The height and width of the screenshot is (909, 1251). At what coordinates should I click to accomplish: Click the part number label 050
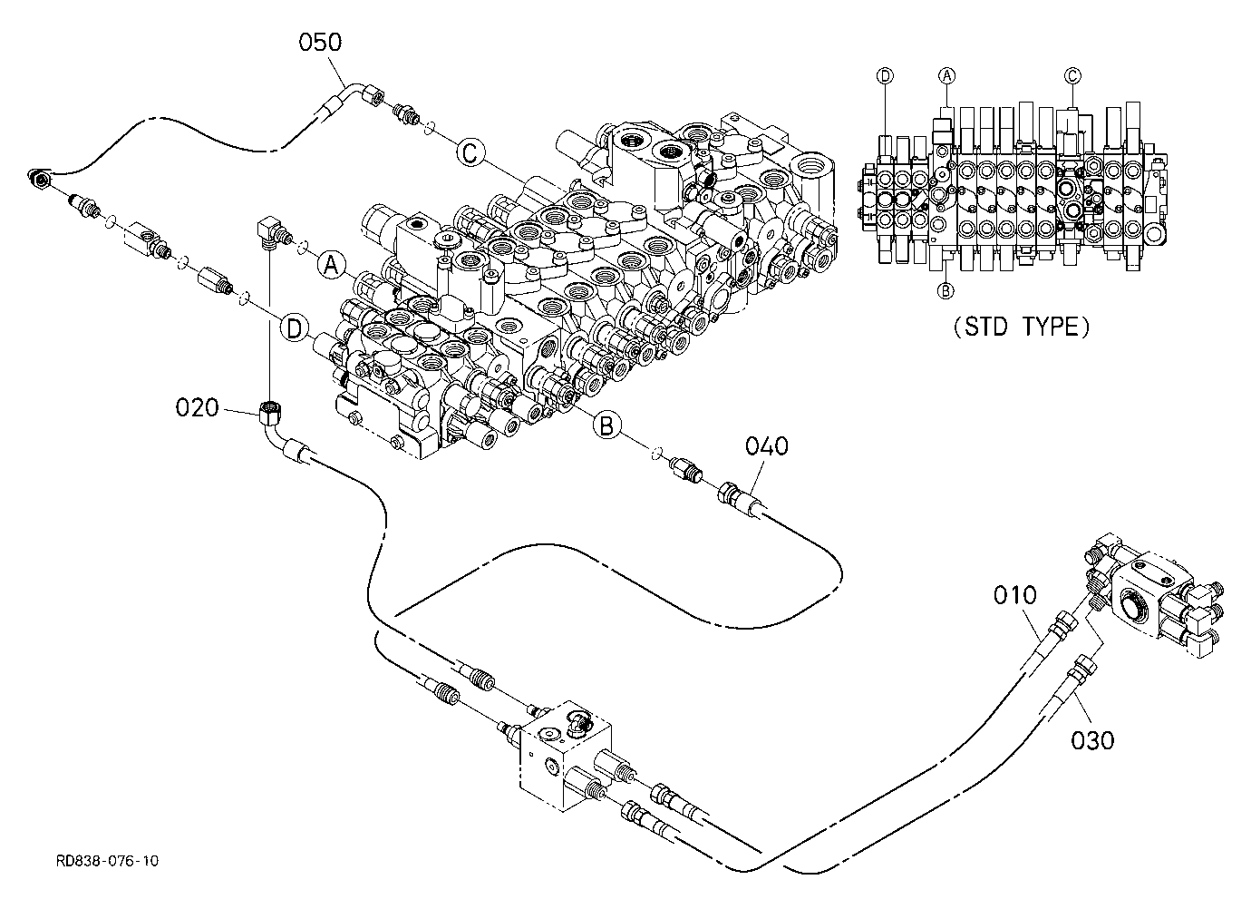(320, 43)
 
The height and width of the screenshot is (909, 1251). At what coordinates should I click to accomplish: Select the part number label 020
(197, 407)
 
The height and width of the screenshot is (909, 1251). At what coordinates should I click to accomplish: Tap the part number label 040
(767, 446)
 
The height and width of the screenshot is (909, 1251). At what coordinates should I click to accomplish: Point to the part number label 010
(1014, 595)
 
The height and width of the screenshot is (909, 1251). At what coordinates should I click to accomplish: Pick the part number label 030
(1092, 740)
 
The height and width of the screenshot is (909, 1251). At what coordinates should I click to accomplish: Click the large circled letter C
(470, 152)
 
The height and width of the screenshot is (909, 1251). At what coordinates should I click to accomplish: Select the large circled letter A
(332, 265)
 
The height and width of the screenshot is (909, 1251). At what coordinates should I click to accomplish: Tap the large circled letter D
(295, 328)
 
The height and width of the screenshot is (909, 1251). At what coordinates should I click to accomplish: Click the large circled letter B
(606, 425)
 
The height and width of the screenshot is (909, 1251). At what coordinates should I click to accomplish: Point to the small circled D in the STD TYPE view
(885, 76)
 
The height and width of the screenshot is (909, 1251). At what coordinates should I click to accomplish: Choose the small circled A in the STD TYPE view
(946, 75)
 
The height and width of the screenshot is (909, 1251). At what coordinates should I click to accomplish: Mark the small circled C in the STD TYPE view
(1072, 75)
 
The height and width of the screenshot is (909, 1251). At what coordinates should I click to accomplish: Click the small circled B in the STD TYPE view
(946, 290)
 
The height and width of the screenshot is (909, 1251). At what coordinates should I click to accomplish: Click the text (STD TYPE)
(1022, 327)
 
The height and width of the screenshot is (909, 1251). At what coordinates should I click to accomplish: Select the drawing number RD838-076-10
(107, 861)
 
